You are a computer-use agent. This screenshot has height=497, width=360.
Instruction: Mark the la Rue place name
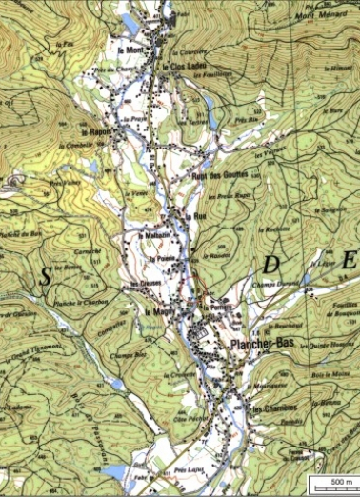pos(198,216)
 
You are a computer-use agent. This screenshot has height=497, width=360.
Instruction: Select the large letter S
pos(44,277)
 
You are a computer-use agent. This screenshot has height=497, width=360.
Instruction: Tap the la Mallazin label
pos(153,235)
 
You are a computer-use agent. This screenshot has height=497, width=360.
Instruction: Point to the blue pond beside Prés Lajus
pos(114,472)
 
